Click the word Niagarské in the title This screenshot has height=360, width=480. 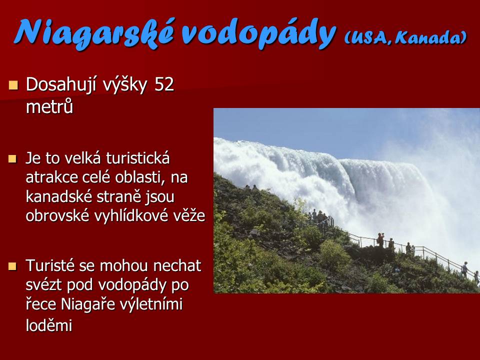point(94,33)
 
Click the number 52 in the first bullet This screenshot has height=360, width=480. point(164,84)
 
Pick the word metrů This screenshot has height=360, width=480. point(49,106)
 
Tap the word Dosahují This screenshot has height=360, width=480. point(61,85)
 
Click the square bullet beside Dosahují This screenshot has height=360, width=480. point(13,85)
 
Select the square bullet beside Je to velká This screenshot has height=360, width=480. point(12,158)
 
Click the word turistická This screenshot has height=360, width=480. point(138,158)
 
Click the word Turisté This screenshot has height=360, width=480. point(50,265)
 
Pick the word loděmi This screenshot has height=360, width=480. point(49,325)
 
